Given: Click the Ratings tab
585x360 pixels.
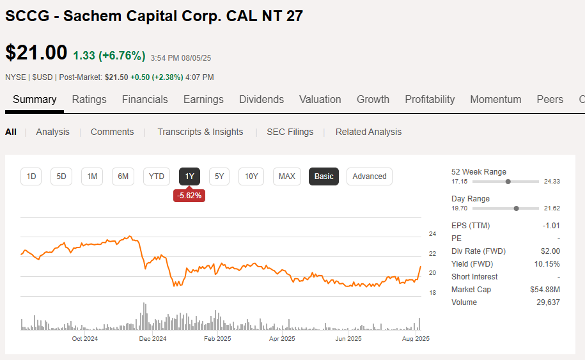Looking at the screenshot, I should point(89,99).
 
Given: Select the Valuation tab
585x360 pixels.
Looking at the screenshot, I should point(320,99).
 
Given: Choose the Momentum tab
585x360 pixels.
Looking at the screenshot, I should point(495,99).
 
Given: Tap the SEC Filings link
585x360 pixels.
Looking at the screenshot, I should point(290,132).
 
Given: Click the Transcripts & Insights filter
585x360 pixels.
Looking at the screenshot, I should point(200,132).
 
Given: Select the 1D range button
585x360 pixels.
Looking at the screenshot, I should point(31,176).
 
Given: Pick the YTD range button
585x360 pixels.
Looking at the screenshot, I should point(157,176).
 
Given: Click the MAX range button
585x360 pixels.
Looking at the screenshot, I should point(287,176).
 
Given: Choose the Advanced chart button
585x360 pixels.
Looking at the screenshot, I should point(370,176).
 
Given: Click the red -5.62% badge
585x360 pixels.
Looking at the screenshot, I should point(189,196).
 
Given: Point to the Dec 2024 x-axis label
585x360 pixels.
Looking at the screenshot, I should point(152,339).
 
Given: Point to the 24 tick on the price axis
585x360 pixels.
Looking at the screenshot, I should point(432,233).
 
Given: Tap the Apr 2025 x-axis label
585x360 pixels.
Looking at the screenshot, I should point(282,339).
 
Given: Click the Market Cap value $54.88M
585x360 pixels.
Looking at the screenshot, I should point(545,290).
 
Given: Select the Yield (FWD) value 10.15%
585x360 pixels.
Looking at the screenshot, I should point(547,264).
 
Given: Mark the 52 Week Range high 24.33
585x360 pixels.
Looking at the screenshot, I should point(551,182).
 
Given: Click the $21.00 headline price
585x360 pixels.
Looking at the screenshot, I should point(36,53).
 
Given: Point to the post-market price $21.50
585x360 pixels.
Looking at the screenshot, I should point(116,77).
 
